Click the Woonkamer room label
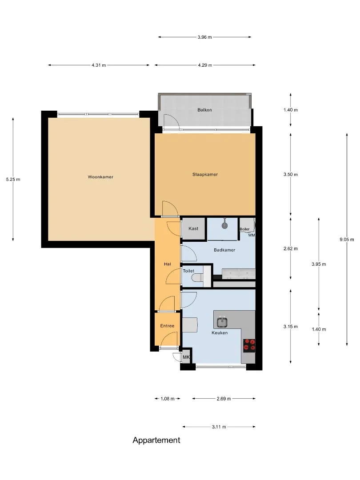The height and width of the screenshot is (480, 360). (x=100, y=177)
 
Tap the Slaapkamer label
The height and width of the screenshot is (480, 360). (x=205, y=175)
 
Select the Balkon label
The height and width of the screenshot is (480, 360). (x=204, y=110)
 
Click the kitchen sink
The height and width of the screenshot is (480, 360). (x=222, y=322)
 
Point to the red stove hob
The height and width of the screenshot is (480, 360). (x=249, y=345)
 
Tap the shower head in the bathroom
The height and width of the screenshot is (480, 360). (x=225, y=226)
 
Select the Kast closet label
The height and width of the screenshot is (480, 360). (x=193, y=228)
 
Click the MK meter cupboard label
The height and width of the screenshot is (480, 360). (x=186, y=357)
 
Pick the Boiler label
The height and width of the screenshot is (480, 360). (x=244, y=229)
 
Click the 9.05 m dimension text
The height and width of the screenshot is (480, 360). (x=347, y=240)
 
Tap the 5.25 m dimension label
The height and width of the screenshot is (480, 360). (x=13, y=180)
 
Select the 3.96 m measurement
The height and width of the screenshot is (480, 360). (x=204, y=37)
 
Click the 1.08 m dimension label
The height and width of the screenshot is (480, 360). (x=168, y=399)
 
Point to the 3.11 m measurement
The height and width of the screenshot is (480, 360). (x=219, y=427)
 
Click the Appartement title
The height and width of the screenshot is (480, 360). (x=156, y=440)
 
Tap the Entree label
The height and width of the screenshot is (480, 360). (x=167, y=326)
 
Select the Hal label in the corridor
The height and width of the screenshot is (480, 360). (x=168, y=264)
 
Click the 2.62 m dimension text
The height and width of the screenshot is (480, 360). (x=291, y=248)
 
